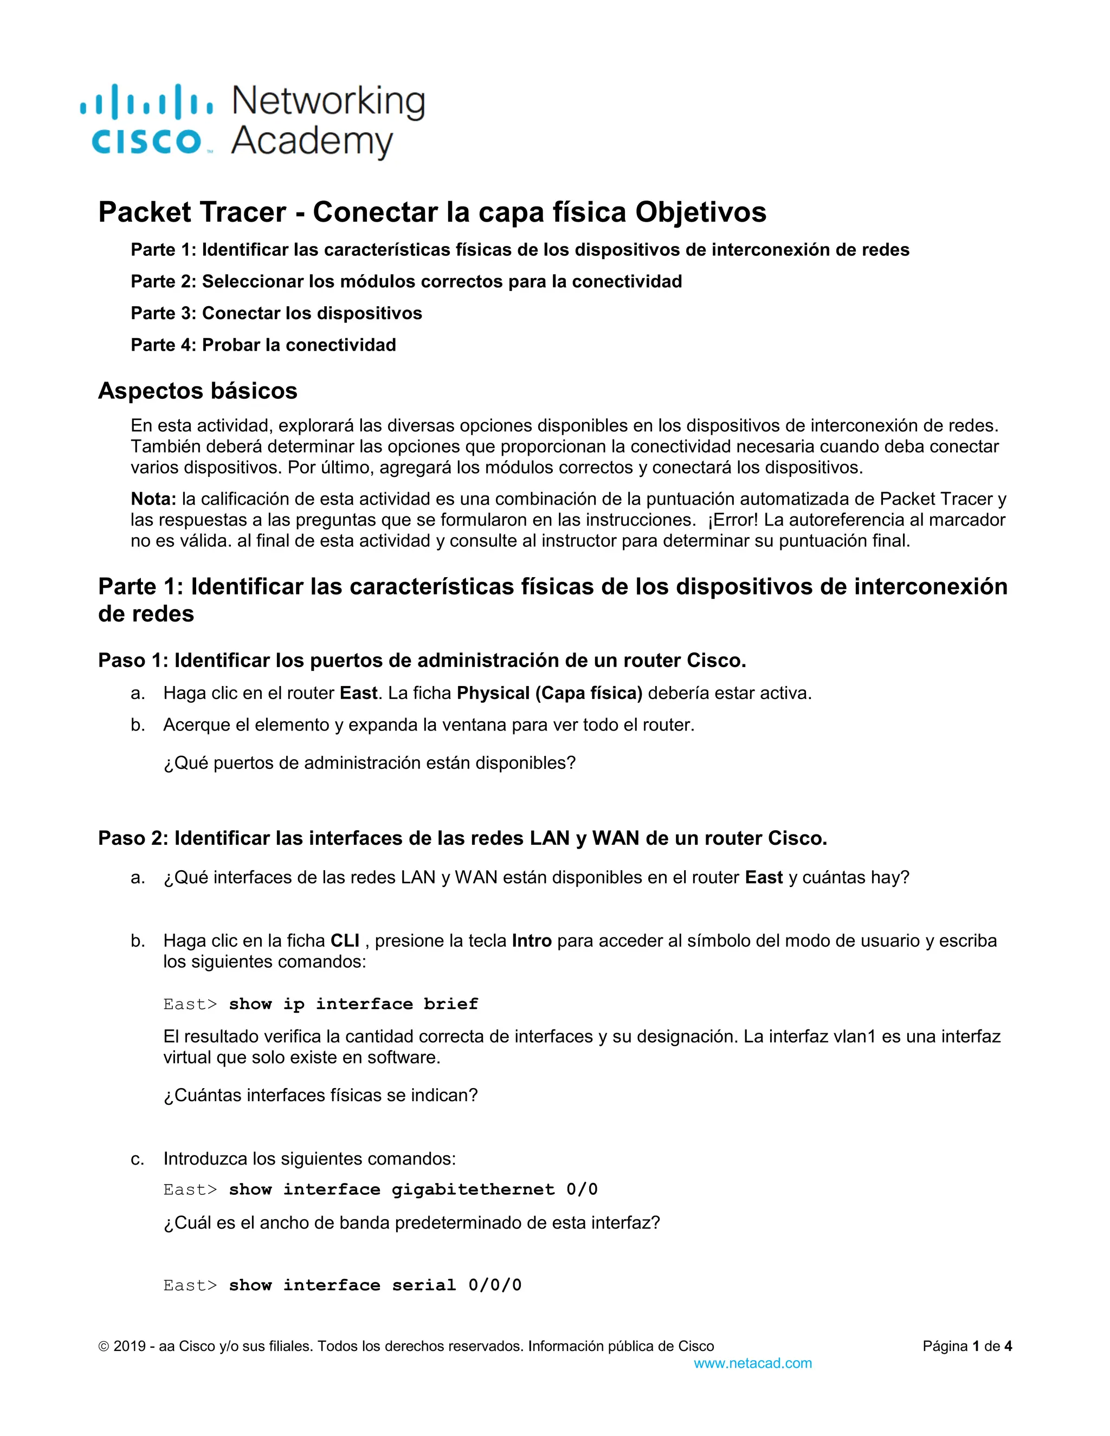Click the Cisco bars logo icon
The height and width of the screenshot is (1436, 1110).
[146, 102]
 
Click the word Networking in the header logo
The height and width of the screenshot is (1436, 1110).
[328, 102]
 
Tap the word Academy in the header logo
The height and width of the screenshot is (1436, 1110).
[312, 141]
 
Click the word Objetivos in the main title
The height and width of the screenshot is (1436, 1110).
[700, 212]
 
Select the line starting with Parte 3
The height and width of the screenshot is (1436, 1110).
[276, 313]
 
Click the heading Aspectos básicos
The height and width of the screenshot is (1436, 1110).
[197, 391]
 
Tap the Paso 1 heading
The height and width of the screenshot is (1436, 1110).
[422, 660]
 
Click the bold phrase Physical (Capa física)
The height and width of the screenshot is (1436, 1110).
[549, 693]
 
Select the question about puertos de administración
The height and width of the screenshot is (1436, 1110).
[369, 763]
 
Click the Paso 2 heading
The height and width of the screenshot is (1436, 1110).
[462, 838]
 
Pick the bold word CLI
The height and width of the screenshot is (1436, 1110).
[345, 941]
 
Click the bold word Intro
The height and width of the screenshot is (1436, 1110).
[531, 941]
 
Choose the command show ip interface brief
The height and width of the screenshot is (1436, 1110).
[353, 1004]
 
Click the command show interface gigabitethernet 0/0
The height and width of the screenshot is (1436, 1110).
[413, 1189]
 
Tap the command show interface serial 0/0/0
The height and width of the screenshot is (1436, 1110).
[375, 1285]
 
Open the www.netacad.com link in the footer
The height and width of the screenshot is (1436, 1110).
[752, 1363]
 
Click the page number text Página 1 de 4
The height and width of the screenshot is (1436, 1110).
[967, 1346]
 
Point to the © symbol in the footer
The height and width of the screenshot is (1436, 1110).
[103, 1347]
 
